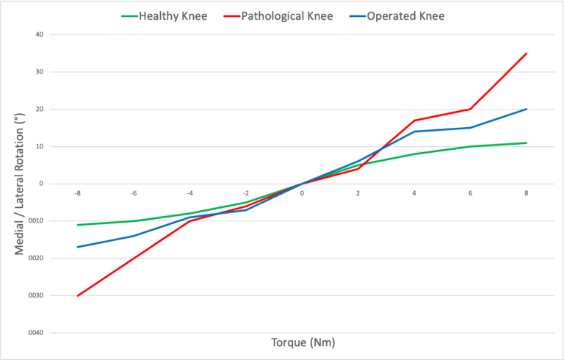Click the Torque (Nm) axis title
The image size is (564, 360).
[x=302, y=342]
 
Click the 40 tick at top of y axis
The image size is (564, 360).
[x=39, y=35]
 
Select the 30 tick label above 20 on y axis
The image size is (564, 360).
[x=39, y=72]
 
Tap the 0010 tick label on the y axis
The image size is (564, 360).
[x=36, y=221]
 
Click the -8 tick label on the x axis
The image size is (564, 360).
[x=77, y=194]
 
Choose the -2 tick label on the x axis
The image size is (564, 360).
[x=245, y=194]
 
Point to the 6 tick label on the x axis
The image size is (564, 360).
[x=470, y=194]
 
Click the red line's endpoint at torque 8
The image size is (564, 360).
[x=527, y=53]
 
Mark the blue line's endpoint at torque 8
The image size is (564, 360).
[x=527, y=109]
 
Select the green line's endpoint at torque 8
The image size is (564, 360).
[x=527, y=143]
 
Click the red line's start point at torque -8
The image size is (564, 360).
[x=77, y=295]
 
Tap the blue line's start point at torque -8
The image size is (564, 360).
[x=77, y=247]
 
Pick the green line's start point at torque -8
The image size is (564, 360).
[x=77, y=225]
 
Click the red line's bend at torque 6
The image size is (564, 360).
[x=470, y=109]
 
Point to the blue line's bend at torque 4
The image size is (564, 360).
[x=414, y=132]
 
